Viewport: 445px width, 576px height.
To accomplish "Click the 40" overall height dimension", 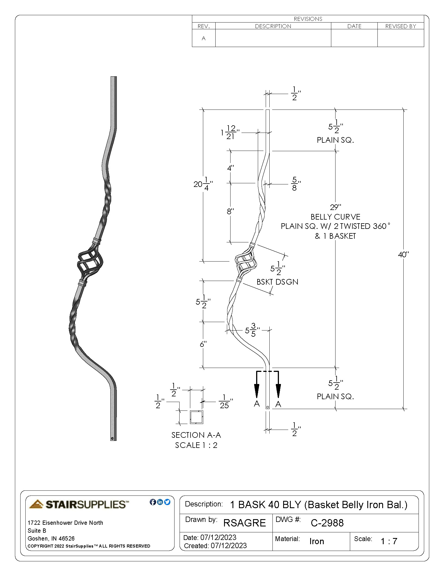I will click(403, 255).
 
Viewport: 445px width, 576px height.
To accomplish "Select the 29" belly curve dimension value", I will click(335, 207).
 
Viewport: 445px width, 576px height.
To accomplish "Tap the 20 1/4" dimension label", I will click(203, 184).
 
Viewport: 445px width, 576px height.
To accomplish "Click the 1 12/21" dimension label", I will click(230, 132).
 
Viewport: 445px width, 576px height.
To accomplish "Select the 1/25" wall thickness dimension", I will click(225, 401).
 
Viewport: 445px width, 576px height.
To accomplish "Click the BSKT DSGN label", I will click(277, 282).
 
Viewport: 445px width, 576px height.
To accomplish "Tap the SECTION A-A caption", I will click(196, 435).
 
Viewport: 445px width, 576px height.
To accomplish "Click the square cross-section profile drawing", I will click(196, 418).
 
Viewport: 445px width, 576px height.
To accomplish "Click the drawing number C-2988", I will click(327, 523).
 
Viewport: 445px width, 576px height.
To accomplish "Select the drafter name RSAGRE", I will click(244, 523).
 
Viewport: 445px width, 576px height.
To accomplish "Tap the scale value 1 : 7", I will click(389, 541).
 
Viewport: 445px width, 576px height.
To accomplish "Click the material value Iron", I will click(317, 541).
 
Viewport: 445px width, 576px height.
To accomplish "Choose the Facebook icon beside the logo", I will click(153, 502).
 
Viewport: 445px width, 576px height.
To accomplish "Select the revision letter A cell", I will click(204, 38).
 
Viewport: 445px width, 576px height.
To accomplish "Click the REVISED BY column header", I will click(400, 26).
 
